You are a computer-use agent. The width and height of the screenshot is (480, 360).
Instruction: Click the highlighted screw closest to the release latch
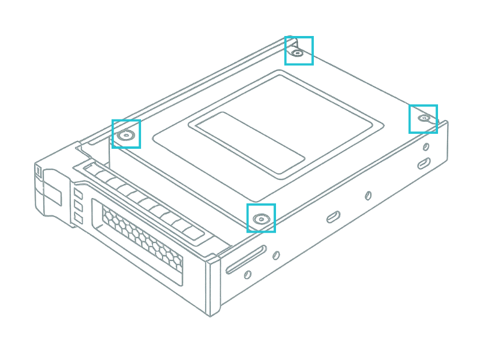(x=126, y=134)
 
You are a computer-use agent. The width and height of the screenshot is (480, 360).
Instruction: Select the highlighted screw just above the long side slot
(x=261, y=218)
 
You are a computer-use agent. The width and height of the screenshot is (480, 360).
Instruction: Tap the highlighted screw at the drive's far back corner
(x=298, y=52)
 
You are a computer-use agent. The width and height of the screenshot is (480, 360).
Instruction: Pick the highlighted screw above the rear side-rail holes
(x=424, y=118)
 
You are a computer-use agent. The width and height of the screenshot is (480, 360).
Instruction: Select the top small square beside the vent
(x=78, y=193)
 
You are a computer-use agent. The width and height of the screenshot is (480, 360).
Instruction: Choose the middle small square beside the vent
(x=78, y=205)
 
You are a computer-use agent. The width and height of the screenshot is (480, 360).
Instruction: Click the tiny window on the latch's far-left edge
(x=39, y=172)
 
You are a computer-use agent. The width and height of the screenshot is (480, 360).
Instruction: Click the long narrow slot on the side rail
(x=246, y=259)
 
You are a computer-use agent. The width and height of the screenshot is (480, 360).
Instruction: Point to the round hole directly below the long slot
(x=247, y=275)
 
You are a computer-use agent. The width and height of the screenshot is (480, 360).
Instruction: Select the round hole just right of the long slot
(x=276, y=255)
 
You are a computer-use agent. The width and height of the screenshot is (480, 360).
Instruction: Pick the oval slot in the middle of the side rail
(x=334, y=216)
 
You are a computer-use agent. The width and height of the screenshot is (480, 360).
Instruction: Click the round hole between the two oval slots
(x=368, y=196)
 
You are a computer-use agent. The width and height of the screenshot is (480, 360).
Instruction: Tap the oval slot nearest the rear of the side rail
(x=424, y=163)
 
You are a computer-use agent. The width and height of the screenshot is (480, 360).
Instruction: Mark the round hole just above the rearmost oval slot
(x=426, y=146)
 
